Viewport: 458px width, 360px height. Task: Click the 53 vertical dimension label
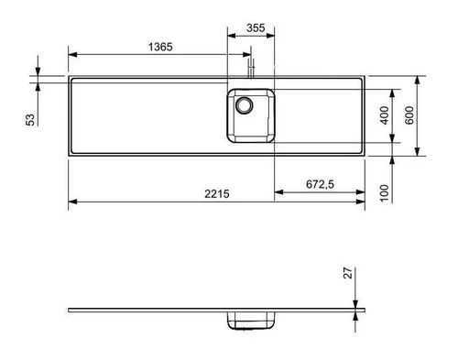29,120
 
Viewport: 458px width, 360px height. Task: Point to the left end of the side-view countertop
71,311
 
